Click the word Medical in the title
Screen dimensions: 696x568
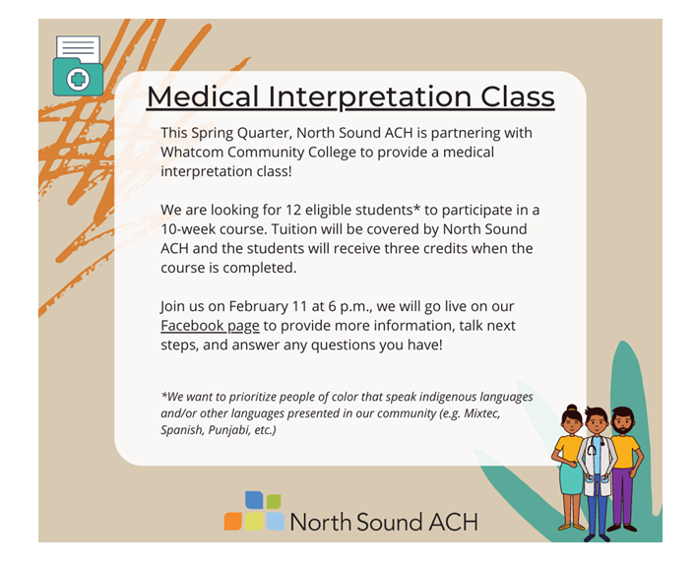click(x=203, y=96)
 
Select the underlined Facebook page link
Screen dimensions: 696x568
click(x=210, y=326)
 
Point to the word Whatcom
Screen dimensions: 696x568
click(x=192, y=152)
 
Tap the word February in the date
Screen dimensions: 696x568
click(x=259, y=306)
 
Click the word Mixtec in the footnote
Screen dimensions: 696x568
click(x=482, y=413)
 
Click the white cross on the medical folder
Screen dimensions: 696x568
click(x=78, y=80)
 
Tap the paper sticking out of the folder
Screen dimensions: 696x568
click(x=78, y=49)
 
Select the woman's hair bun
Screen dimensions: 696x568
click(x=572, y=408)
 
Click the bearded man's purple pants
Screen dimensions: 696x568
click(x=623, y=496)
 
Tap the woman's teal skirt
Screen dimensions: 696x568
click(x=571, y=477)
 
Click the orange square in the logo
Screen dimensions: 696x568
click(x=233, y=522)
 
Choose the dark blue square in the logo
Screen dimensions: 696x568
click(x=254, y=500)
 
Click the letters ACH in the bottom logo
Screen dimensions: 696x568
click(x=453, y=523)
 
